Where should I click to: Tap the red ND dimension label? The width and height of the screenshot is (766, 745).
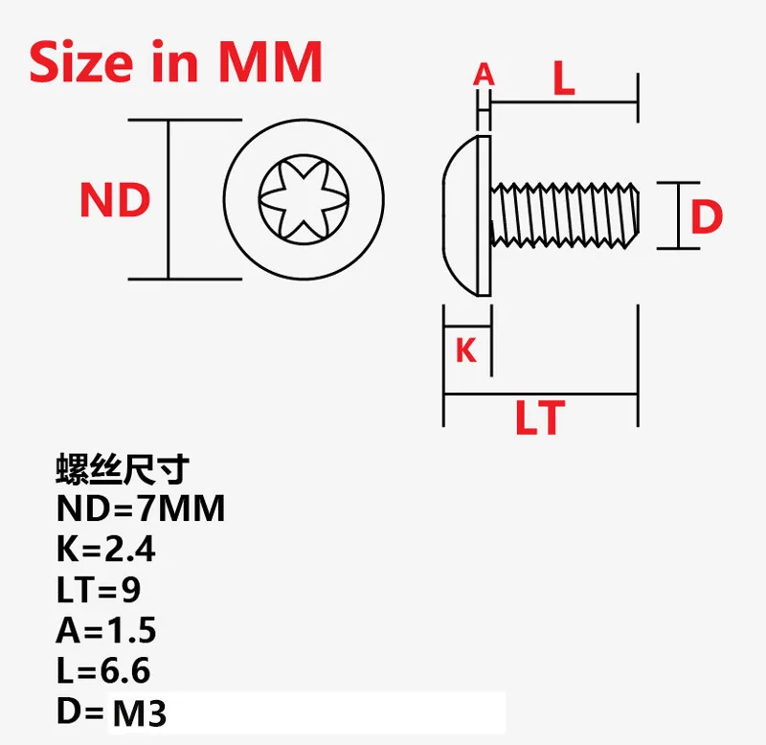click(x=115, y=201)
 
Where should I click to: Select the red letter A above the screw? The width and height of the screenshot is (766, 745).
click(x=484, y=75)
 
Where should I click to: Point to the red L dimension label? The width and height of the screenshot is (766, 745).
click(x=564, y=80)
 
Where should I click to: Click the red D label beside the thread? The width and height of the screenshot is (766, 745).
click(x=707, y=217)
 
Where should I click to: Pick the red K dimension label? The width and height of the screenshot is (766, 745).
click(x=466, y=350)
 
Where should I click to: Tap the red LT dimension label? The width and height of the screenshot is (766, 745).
click(x=540, y=418)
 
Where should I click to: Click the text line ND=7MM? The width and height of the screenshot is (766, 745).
click(x=141, y=508)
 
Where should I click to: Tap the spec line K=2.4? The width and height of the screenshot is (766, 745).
click(x=105, y=550)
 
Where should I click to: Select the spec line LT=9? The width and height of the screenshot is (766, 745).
click(x=99, y=590)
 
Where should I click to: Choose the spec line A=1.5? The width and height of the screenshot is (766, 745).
click(x=106, y=630)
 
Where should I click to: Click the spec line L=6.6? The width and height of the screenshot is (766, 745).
click(x=103, y=670)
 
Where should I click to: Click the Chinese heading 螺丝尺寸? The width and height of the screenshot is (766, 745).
click(x=123, y=470)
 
